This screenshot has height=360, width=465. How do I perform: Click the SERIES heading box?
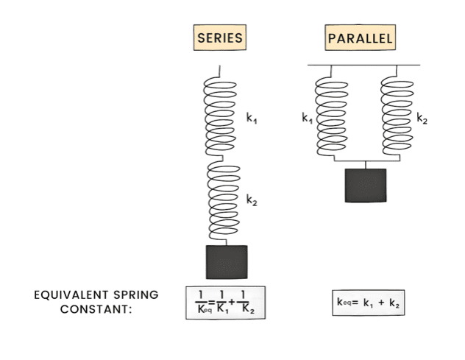click(219, 37)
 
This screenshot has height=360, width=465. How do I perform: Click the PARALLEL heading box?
click(360, 37)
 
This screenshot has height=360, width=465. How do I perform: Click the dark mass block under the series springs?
click(227, 262)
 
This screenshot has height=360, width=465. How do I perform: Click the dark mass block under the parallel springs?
click(366, 185)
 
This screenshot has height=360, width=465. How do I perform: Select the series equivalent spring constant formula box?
click(225, 302)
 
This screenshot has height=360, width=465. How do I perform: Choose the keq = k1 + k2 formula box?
click(368, 302)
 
